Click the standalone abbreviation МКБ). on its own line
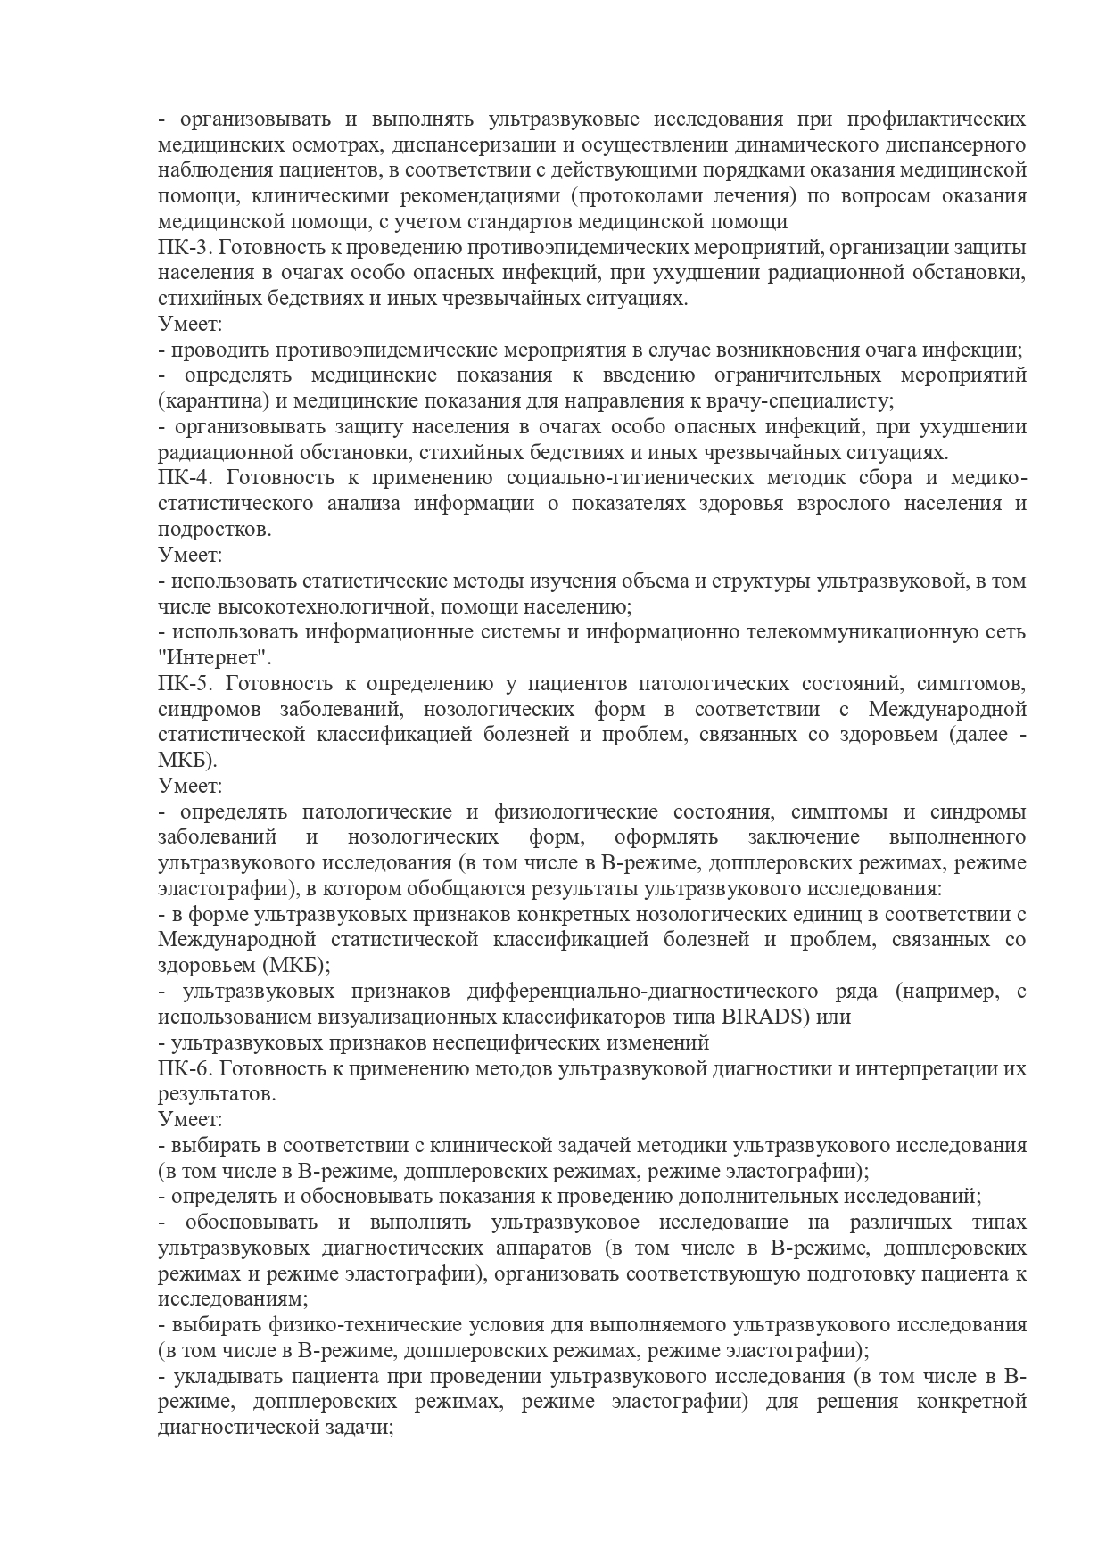click(187, 762)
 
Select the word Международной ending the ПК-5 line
click(946, 711)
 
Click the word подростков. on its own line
click(214, 530)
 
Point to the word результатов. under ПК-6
click(217, 1094)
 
